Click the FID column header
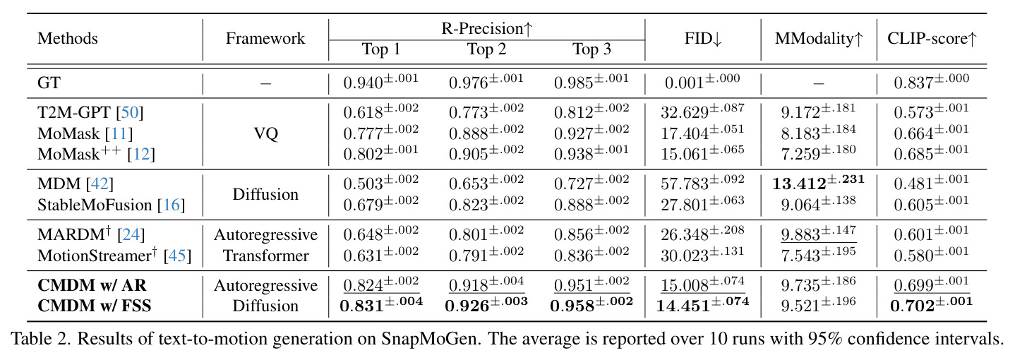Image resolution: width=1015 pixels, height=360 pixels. coord(703,39)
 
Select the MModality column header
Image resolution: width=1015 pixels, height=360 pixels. coord(819,39)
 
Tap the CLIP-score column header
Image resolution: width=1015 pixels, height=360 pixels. coord(932,39)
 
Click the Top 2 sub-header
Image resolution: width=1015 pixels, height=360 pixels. coord(486,49)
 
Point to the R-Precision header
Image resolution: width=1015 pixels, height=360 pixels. coord(486,28)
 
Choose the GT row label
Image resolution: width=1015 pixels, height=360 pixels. coord(49,83)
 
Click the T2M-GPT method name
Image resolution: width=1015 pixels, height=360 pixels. coord(74,112)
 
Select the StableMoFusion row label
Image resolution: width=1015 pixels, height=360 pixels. coord(95,205)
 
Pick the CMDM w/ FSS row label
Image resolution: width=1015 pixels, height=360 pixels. coord(95,306)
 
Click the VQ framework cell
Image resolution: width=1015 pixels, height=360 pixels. coord(265,133)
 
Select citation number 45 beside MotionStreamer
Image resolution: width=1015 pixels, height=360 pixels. coord(177,256)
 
